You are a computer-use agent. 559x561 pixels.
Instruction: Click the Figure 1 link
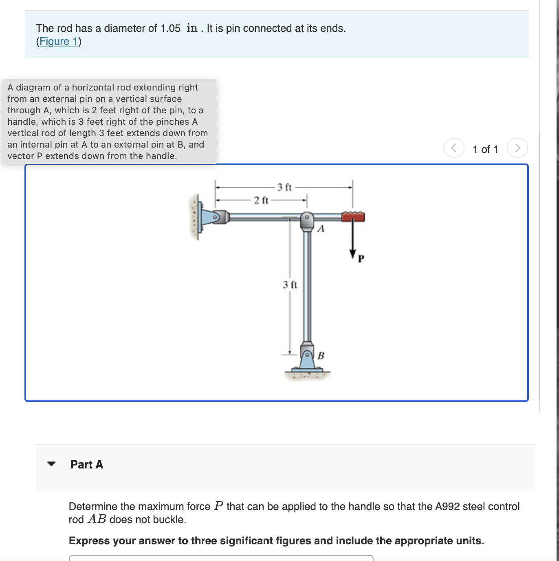[x=59, y=42]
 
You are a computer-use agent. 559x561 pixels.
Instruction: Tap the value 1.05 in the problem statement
[x=170, y=28]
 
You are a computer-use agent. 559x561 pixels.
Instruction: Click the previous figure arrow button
[x=453, y=148]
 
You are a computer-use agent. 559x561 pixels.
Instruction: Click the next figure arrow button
[x=517, y=148]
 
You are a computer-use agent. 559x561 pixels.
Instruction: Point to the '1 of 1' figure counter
[x=485, y=149]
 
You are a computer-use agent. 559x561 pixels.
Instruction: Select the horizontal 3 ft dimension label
[x=284, y=187]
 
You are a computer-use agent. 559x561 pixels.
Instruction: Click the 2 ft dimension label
[x=261, y=200]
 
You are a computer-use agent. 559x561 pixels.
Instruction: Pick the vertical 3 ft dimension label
[x=290, y=285]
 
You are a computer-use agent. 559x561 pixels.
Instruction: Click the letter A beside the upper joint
[x=321, y=229]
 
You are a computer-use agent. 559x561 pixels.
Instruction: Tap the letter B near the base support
[x=321, y=356]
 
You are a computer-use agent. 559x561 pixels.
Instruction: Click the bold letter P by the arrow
[x=361, y=258]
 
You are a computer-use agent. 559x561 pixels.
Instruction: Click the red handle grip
[x=353, y=216]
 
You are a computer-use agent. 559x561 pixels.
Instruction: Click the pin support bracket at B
[x=307, y=357]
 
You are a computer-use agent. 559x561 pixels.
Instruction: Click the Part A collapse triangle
[x=51, y=464]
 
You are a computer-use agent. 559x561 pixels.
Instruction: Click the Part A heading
[x=87, y=464]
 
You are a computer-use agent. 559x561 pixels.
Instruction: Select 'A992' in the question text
[x=447, y=506]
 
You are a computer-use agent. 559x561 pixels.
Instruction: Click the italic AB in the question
[x=97, y=519]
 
